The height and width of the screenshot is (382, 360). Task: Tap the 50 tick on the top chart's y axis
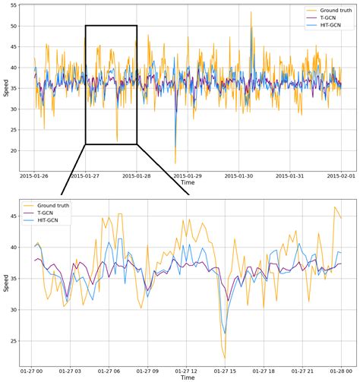[13, 26]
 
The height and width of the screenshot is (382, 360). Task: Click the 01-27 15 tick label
[226, 371]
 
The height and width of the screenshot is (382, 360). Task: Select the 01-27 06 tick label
[109, 371]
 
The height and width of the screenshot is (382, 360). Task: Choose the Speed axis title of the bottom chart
[5, 279]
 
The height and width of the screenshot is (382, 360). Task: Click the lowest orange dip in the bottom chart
[225, 358]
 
